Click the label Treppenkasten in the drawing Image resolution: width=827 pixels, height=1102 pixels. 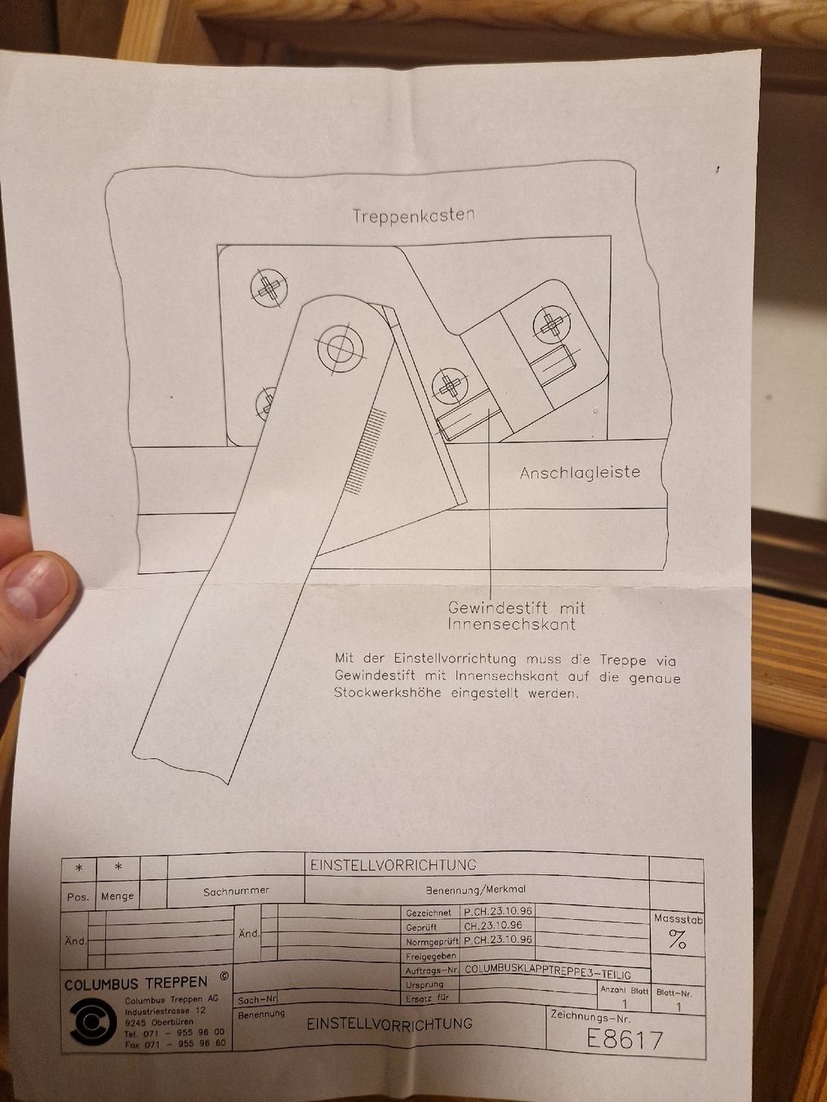point(413,216)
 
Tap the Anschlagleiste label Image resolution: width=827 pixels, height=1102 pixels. point(580,473)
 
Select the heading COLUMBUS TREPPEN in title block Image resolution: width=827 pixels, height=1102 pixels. point(136,983)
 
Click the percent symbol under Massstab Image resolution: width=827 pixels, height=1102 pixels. point(677,941)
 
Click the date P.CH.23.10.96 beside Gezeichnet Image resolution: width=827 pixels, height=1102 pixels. point(498,911)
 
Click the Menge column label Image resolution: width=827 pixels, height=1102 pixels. point(118,895)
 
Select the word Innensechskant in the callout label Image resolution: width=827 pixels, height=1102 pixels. point(511,625)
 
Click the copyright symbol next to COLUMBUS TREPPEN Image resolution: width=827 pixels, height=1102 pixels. point(224,976)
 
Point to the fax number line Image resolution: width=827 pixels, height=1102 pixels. point(174,1043)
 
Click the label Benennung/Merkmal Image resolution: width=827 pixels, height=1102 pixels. point(475,890)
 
